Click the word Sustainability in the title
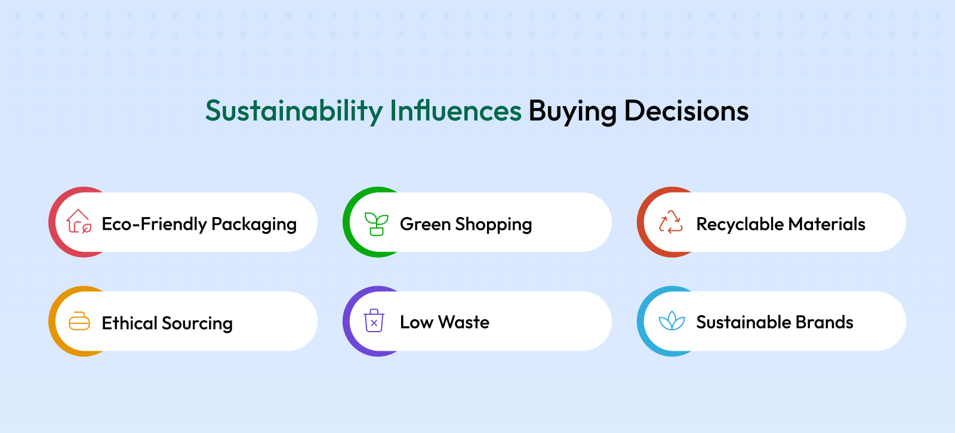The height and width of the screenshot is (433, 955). click(294, 112)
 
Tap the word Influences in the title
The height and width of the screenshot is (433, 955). click(455, 110)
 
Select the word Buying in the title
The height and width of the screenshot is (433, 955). click(572, 112)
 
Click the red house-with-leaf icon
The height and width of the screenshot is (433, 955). click(79, 221)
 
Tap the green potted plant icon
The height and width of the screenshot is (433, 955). click(377, 224)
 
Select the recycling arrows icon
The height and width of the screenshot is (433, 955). click(671, 222)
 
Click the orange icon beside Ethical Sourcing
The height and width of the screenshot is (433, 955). click(79, 321)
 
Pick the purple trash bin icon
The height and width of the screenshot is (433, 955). click(374, 320)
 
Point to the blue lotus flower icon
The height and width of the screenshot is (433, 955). click(672, 321)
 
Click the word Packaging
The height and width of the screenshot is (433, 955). click(254, 225)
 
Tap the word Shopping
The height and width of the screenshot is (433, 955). click(494, 225)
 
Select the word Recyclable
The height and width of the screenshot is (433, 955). click(740, 224)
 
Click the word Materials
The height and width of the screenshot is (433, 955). click(827, 224)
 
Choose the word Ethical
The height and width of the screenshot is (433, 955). click(130, 323)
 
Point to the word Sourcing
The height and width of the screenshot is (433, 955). click(198, 324)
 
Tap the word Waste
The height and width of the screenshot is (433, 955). click(464, 322)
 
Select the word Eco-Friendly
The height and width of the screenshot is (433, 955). click(155, 224)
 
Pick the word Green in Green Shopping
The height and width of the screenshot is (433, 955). click(425, 224)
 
